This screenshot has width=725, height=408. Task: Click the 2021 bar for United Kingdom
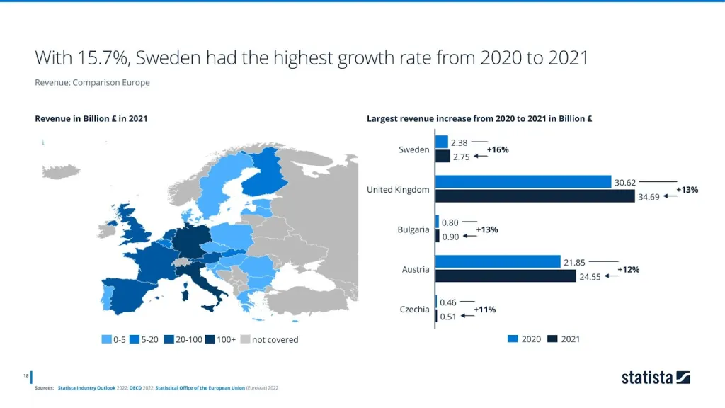535,196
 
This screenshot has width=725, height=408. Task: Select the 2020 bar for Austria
498,262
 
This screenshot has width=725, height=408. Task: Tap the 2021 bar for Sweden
443,156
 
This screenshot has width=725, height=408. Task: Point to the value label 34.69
649,197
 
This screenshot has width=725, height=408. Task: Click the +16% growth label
498,149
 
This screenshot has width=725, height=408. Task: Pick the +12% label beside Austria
628,269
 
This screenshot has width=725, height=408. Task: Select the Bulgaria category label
413,229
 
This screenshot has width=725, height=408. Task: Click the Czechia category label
414,310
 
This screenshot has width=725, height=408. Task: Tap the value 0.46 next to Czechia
448,302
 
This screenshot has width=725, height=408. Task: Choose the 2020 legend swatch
513,339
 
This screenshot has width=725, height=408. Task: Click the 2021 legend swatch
552,339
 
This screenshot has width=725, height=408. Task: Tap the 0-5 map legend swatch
107,340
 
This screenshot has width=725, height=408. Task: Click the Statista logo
655,378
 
